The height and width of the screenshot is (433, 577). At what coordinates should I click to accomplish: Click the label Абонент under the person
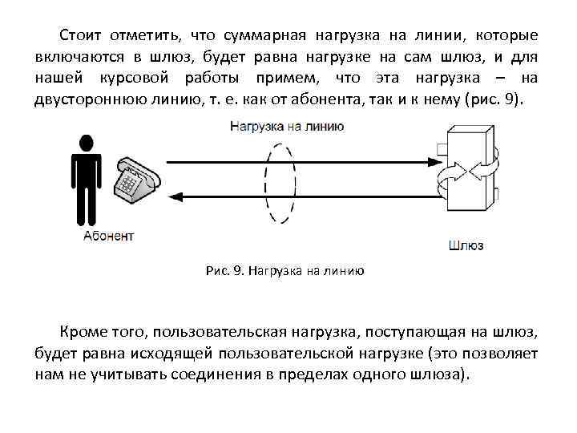click(x=109, y=236)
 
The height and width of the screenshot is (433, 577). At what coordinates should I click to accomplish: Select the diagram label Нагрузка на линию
click(x=287, y=126)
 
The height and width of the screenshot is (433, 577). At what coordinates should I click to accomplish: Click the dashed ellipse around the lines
click(x=280, y=183)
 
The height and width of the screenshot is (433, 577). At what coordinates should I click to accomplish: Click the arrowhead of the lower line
click(x=179, y=196)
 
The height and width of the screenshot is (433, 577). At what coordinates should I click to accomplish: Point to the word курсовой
click(x=137, y=79)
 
